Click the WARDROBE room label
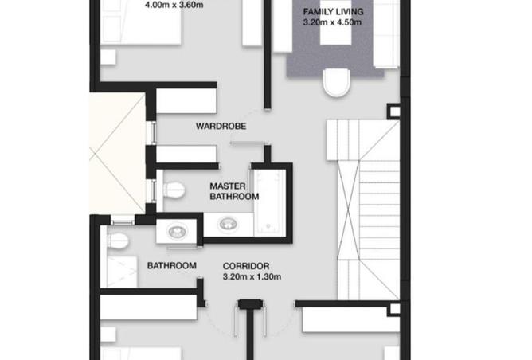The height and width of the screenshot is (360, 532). [x=221, y=126]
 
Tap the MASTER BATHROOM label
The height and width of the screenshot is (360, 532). [x=234, y=191]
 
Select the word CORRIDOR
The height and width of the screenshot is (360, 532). [x=246, y=266]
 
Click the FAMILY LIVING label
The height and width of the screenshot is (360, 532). [x=333, y=11]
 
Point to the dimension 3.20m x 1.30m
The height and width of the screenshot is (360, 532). [x=252, y=276]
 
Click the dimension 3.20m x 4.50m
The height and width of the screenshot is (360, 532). [x=332, y=22]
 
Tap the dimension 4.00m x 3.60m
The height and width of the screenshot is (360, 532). [x=174, y=5]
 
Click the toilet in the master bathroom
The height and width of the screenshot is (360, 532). [x=174, y=190]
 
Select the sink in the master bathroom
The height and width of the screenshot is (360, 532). [x=226, y=224]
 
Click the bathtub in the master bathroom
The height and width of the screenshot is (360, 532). [x=270, y=202]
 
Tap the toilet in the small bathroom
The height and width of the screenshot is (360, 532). [x=118, y=241]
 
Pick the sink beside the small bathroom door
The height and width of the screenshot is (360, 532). [x=177, y=231]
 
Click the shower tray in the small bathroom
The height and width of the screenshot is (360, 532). [x=122, y=272]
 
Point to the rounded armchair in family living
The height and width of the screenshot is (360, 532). [x=337, y=83]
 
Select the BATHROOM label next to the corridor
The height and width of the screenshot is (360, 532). [x=172, y=266]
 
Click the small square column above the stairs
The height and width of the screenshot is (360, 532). [x=394, y=112]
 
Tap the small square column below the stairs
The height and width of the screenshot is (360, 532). [x=394, y=309]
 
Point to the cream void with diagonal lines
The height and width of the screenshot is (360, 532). [x=117, y=154]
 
